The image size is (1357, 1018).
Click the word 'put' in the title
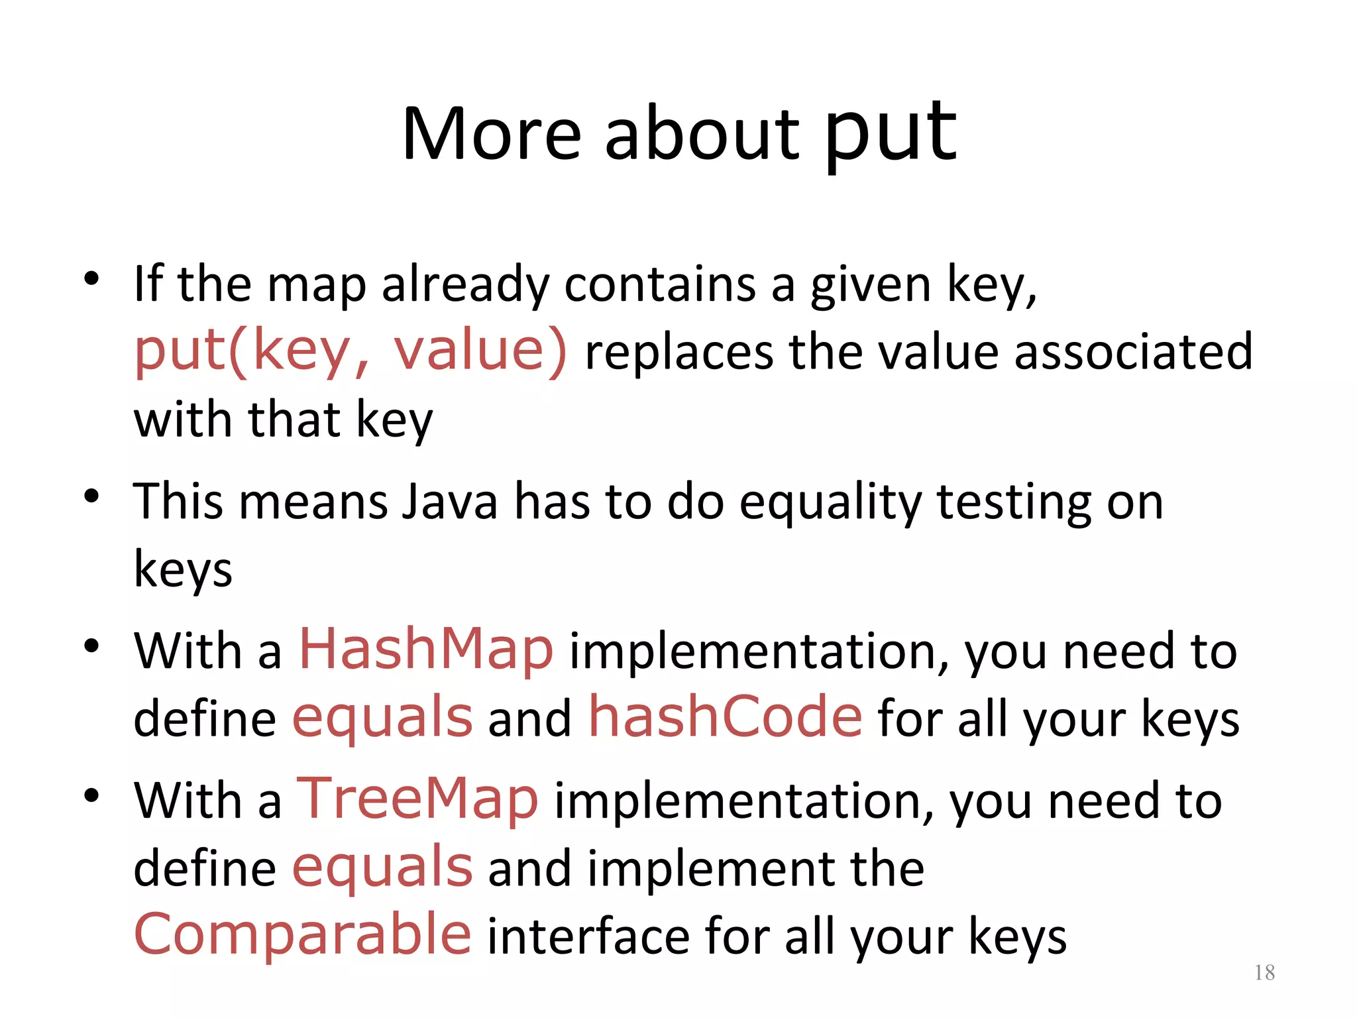click(x=891, y=136)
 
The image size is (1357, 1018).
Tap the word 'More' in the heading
click(x=491, y=136)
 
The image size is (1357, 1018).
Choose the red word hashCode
click(x=726, y=718)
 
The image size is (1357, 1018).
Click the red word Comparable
click(x=303, y=934)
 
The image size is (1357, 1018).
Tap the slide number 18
click(x=1264, y=972)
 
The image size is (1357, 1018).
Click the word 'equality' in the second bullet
click(x=830, y=502)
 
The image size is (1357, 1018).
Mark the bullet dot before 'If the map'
click(x=91, y=278)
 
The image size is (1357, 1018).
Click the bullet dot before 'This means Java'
click(x=91, y=496)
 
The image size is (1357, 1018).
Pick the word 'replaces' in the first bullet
click(x=678, y=353)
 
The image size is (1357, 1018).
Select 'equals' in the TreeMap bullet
click(x=382, y=868)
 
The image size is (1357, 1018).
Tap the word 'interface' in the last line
click(x=588, y=936)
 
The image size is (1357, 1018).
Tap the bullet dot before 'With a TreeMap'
click(x=91, y=795)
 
